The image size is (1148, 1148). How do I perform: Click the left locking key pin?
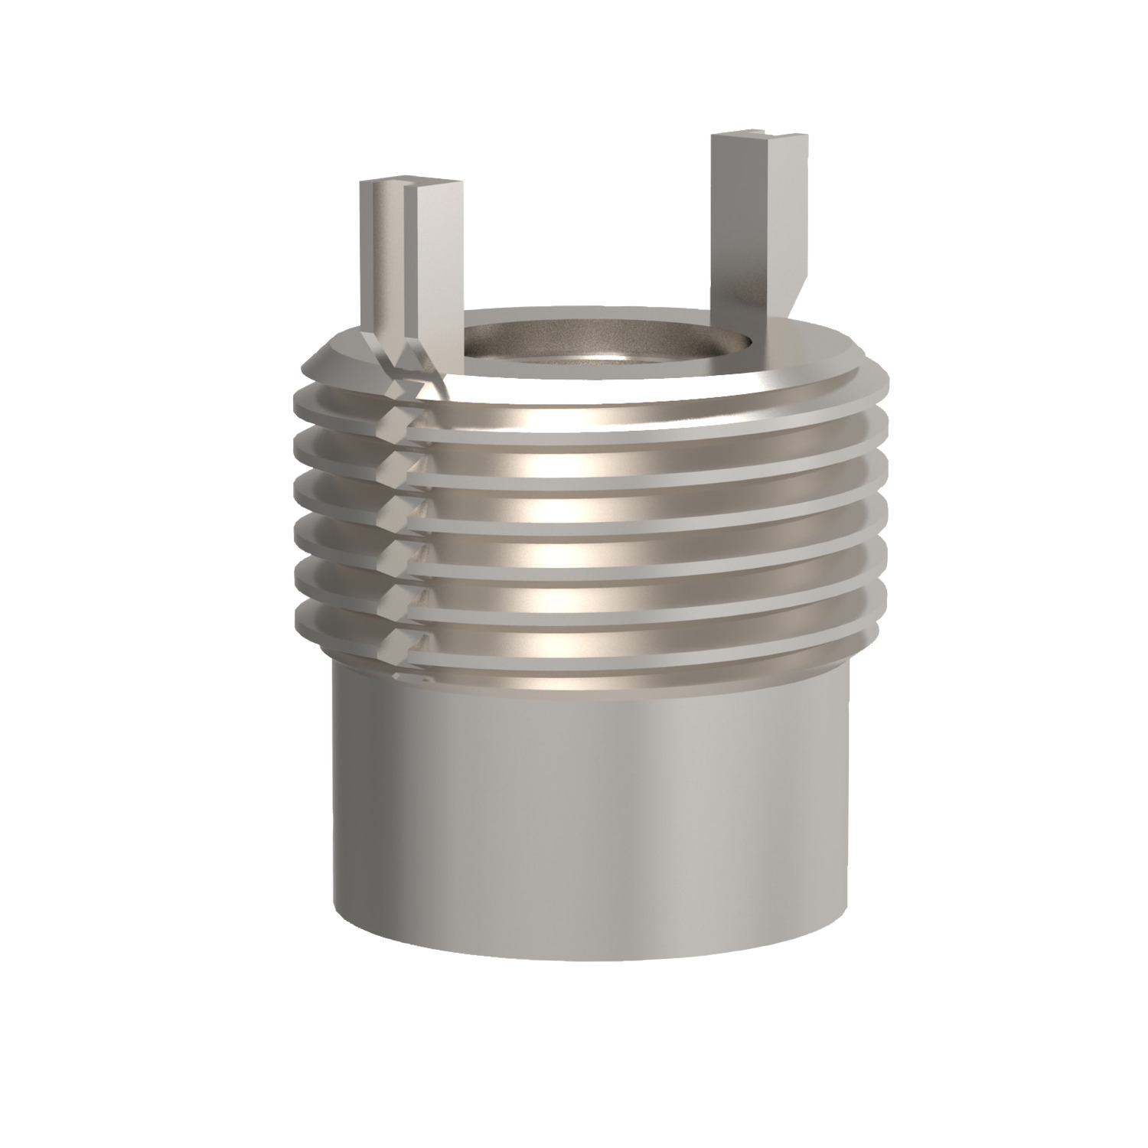pyautogui.click(x=409, y=260)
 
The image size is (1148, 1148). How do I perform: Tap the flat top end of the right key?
pyautogui.click(x=758, y=139)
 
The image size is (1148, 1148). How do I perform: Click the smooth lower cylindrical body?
pyautogui.click(x=589, y=804)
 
